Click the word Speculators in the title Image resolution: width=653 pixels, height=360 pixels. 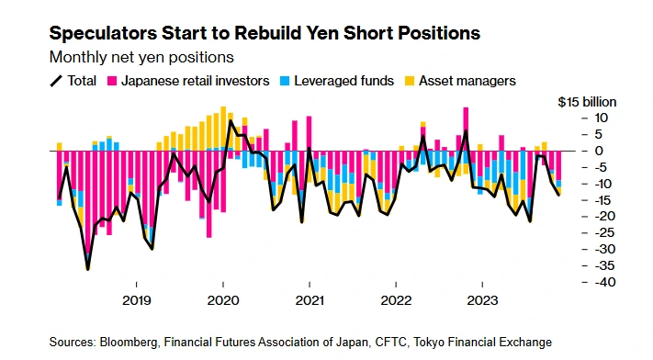(x=103, y=33)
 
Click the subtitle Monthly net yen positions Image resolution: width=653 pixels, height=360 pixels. (x=141, y=57)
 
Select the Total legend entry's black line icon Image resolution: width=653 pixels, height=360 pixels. (x=56, y=81)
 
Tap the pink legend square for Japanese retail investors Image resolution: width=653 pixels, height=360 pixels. (x=112, y=81)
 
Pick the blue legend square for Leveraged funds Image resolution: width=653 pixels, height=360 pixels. (x=285, y=81)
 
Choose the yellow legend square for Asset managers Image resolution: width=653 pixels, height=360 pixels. (x=410, y=81)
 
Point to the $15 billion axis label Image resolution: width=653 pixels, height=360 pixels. (x=587, y=102)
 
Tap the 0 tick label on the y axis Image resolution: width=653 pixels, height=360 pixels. (x=599, y=151)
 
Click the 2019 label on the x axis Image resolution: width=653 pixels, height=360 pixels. (x=137, y=300)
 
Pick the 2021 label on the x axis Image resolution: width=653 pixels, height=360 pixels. (x=310, y=300)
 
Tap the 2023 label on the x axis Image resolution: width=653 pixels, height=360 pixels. (x=482, y=300)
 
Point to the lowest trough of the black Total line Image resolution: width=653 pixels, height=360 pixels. (x=87, y=269)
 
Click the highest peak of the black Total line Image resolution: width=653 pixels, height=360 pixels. (x=231, y=121)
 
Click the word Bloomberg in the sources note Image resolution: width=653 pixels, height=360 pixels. (x=129, y=342)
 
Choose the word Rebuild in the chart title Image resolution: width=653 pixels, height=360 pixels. (x=273, y=33)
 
